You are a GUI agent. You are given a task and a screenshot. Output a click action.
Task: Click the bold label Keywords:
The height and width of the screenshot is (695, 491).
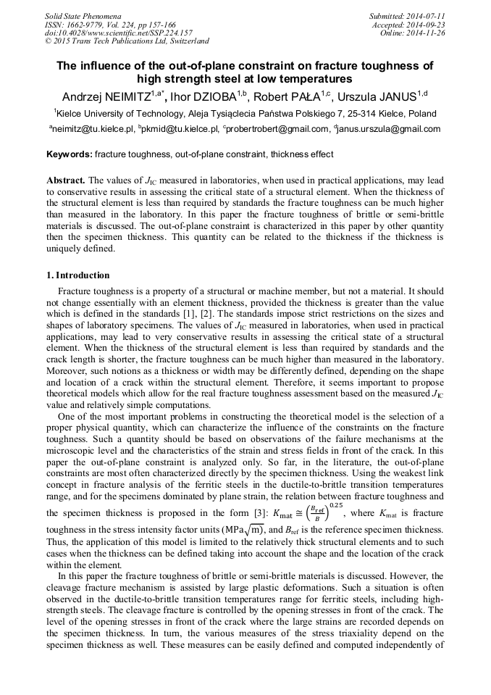click(x=70, y=154)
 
